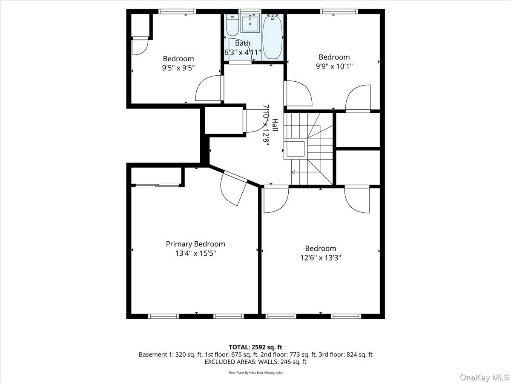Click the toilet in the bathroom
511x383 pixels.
[232, 26]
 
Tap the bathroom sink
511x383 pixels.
[250, 24]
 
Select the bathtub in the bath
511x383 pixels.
[272, 37]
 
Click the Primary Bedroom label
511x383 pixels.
[195, 244]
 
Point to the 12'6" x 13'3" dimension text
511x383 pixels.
[320, 257]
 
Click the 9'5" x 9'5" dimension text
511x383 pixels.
[178, 68]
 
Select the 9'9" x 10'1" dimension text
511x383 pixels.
[334, 66]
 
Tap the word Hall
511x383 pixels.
[275, 125]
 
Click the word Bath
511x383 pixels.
[243, 43]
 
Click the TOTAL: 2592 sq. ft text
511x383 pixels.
[255, 347]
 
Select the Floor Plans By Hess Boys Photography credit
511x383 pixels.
[255, 372]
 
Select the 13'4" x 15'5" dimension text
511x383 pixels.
[195, 253]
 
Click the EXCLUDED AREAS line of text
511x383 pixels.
[255, 362]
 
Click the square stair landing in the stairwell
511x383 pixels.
[295, 149]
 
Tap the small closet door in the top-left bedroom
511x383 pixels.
[140, 46]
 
